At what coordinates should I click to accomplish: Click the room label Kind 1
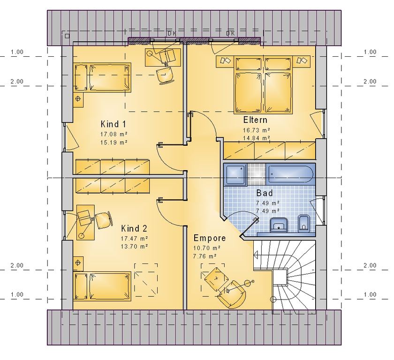[113, 124]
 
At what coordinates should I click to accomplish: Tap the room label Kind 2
[134, 228]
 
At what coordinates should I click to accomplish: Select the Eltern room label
[255, 120]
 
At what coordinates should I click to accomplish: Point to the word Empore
[210, 238]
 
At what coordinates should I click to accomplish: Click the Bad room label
[265, 193]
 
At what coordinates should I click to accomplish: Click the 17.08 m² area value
[114, 134]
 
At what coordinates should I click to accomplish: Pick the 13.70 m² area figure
[134, 246]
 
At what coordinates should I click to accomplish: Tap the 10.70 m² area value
[206, 248]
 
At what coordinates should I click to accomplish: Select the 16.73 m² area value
[256, 130]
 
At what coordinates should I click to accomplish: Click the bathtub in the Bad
[290, 174]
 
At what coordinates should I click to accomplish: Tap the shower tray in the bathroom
[235, 174]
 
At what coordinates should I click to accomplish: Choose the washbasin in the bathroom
[279, 225]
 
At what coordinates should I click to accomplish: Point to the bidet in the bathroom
[303, 223]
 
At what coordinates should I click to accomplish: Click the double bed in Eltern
[263, 84]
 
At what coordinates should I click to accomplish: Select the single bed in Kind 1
[103, 77]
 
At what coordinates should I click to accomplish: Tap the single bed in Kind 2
[102, 286]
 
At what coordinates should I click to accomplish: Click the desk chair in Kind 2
[103, 220]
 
